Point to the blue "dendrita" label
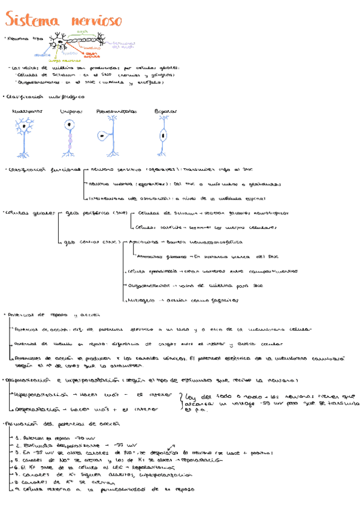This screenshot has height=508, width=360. [41, 55]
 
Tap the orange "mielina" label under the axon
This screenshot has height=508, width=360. [91, 47]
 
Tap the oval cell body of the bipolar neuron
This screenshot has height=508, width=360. [163, 135]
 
